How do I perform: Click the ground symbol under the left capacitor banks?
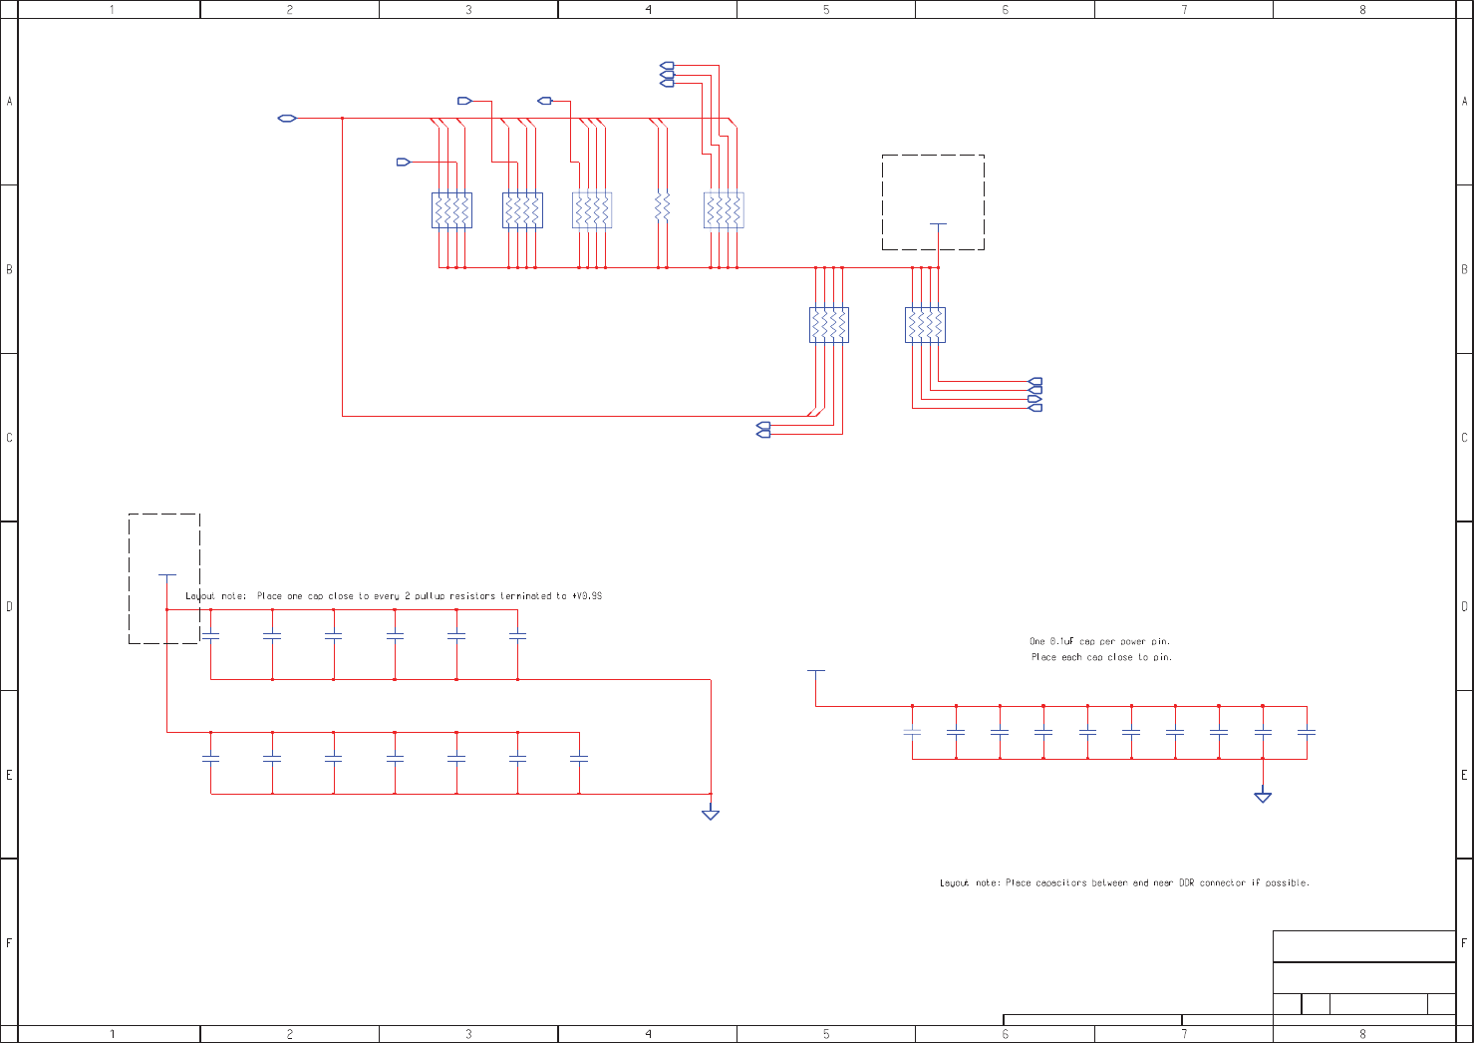[711, 814]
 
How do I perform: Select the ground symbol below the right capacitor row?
[1263, 796]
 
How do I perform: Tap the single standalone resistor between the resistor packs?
[662, 208]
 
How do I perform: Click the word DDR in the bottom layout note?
[1186, 882]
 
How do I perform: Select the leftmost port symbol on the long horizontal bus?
[287, 119]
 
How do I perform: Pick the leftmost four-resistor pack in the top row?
[451, 210]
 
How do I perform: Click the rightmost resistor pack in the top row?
[724, 210]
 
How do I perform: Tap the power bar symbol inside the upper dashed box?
[938, 225]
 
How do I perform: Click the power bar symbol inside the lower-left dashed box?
[167, 575]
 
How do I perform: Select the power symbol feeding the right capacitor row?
[816, 672]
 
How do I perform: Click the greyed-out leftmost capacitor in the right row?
[912, 732]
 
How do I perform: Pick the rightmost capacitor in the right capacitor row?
[1307, 732]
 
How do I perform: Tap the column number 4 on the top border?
[648, 9]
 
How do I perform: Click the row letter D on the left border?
[9, 606]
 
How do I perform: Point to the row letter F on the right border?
[1464, 942]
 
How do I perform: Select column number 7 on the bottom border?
[1184, 1034]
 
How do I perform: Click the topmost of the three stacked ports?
[667, 66]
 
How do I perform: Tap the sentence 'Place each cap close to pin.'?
[1101, 657]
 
